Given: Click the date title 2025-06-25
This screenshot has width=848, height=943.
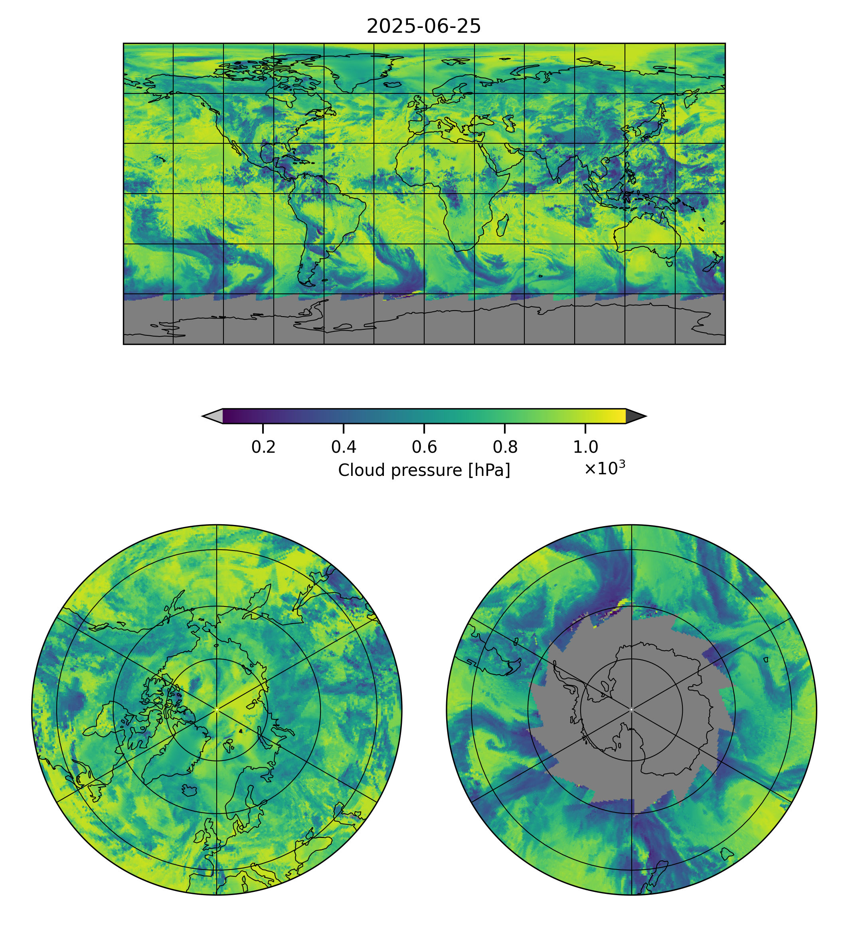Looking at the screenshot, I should point(423,27).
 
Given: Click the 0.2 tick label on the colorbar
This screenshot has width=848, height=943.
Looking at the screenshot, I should point(263,447).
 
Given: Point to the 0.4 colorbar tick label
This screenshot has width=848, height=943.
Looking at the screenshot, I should point(344,447).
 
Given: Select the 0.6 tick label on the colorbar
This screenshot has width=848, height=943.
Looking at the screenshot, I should point(424,447).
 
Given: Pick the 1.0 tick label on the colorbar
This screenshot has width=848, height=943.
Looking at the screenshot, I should point(585,447).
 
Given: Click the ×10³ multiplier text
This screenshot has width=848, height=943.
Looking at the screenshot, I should point(604,468).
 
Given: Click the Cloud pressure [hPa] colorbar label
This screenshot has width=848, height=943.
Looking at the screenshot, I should point(423,470).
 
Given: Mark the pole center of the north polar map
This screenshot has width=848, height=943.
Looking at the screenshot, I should point(217,710).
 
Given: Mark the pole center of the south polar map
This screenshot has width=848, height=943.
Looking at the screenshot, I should point(631,710).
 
